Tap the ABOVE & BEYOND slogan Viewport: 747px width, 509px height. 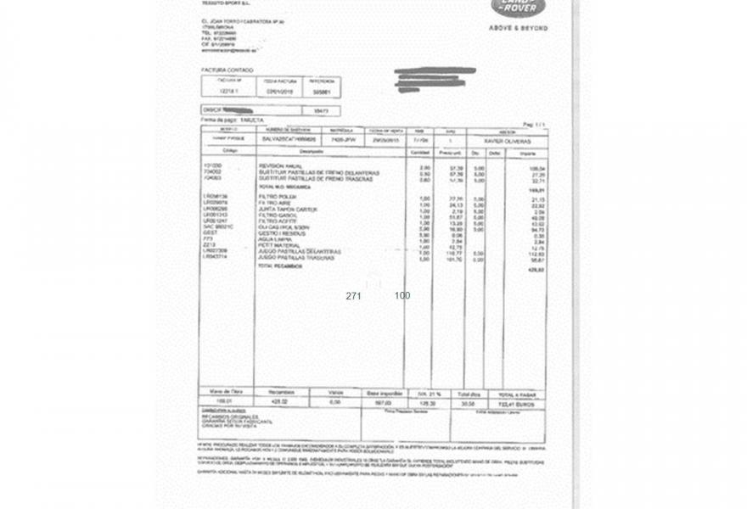pos(518,28)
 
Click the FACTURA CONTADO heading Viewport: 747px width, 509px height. pos(227,70)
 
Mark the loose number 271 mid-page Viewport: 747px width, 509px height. pos(354,296)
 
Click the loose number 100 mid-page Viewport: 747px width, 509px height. pos(402,296)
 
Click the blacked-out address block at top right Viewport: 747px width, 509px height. pos(435,79)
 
